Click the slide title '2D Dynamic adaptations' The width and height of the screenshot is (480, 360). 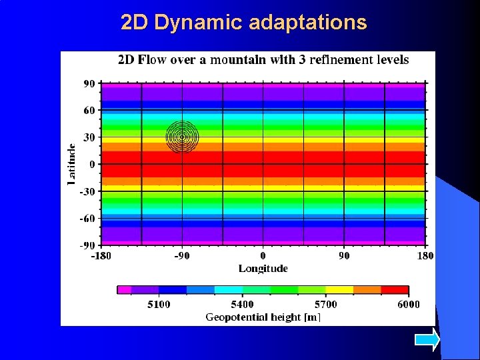click(244, 23)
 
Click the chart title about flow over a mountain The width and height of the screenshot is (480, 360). click(263, 60)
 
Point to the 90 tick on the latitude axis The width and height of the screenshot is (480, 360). click(89, 84)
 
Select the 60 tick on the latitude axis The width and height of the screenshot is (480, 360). click(89, 111)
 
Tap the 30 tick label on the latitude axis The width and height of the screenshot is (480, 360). click(89, 137)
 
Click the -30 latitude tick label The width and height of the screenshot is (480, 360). click(87, 191)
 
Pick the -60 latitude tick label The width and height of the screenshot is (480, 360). click(87, 218)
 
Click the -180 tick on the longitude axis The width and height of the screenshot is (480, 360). click(101, 255)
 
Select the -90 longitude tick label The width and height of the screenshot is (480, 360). click(182, 255)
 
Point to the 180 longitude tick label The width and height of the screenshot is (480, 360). click(425, 255)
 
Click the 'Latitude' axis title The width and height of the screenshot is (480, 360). click(72, 164)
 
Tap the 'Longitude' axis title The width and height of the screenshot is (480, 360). click(263, 268)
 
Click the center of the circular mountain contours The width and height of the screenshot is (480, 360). click(182, 137)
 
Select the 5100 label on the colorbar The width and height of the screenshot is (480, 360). click(158, 305)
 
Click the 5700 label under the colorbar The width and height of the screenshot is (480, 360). click(325, 305)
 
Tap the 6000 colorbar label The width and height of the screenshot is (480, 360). click(408, 305)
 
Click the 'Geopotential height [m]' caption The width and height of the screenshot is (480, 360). click(263, 317)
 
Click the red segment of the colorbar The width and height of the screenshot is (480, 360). click(395, 290)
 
